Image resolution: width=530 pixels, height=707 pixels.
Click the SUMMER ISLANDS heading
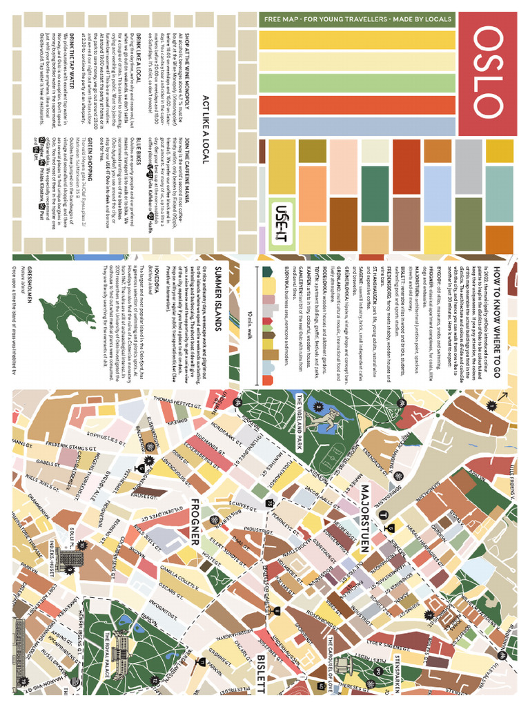point(220,289)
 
